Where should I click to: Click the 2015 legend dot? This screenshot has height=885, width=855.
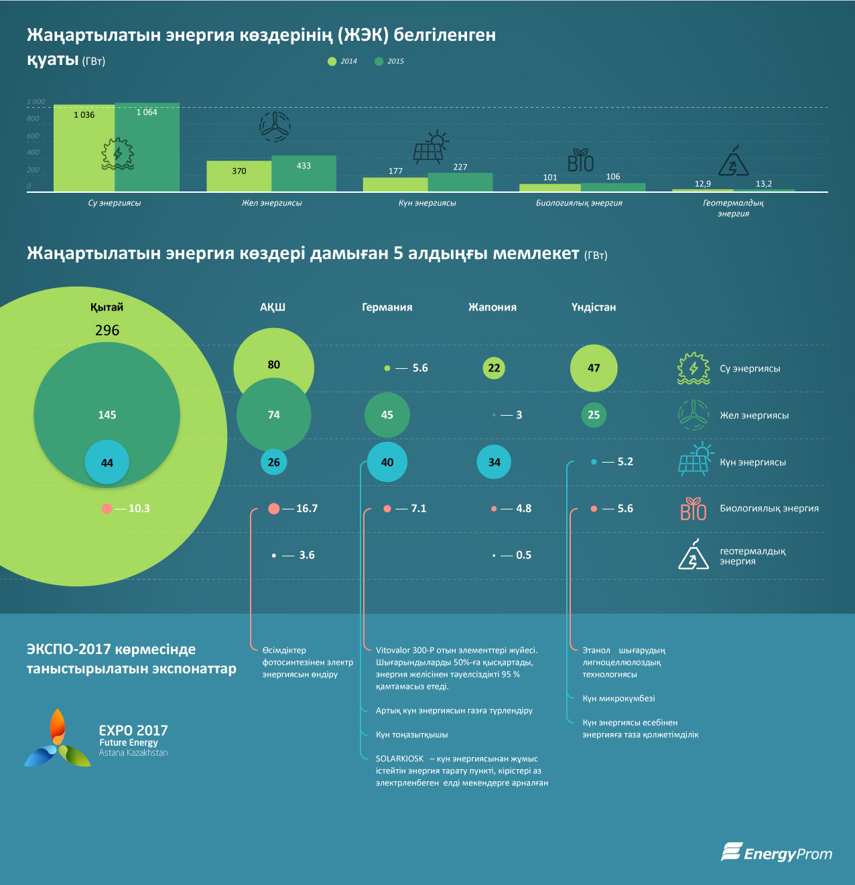[379, 62]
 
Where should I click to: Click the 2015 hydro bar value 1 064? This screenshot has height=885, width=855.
[147, 112]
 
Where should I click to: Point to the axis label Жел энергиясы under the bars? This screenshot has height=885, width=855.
[271, 203]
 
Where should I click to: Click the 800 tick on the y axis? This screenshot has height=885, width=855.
[33, 118]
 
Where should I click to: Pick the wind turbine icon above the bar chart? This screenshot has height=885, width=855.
[275, 126]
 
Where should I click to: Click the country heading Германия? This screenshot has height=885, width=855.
[387, 307]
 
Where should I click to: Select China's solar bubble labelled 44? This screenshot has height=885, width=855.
[107, 463]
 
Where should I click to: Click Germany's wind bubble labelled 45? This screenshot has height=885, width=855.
[387, 415]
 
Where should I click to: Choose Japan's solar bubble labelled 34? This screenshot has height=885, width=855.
[494, 462]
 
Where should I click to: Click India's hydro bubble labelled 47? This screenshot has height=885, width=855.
[594, 368]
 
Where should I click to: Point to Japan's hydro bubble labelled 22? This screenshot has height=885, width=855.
[494, 368]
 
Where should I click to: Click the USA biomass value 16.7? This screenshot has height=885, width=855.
[307, 509]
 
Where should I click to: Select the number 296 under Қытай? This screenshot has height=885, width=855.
[107, 331]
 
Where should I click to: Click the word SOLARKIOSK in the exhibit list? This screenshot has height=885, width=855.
[399, 759]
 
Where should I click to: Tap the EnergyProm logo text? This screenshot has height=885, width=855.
[787, 854]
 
